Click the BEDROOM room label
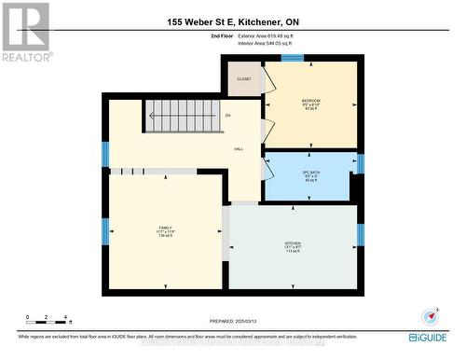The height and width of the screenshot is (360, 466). click(x=310, y=101)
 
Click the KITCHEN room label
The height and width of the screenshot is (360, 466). click(x=293, y=243)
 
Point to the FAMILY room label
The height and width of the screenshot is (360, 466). click(x=166, y=227)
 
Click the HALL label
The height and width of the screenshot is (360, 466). click(x=239, y=148)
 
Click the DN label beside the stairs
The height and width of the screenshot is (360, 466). click(x=227, y=115)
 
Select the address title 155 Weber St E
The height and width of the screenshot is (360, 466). click(x=232, y=21)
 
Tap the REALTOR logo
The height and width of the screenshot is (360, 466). click(x=25, y=31)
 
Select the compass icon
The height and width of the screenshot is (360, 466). click(x=430, y=314)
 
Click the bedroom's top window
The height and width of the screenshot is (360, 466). click(x=293, y=59)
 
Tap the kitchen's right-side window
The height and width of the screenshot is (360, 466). click(x=360, y=234)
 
